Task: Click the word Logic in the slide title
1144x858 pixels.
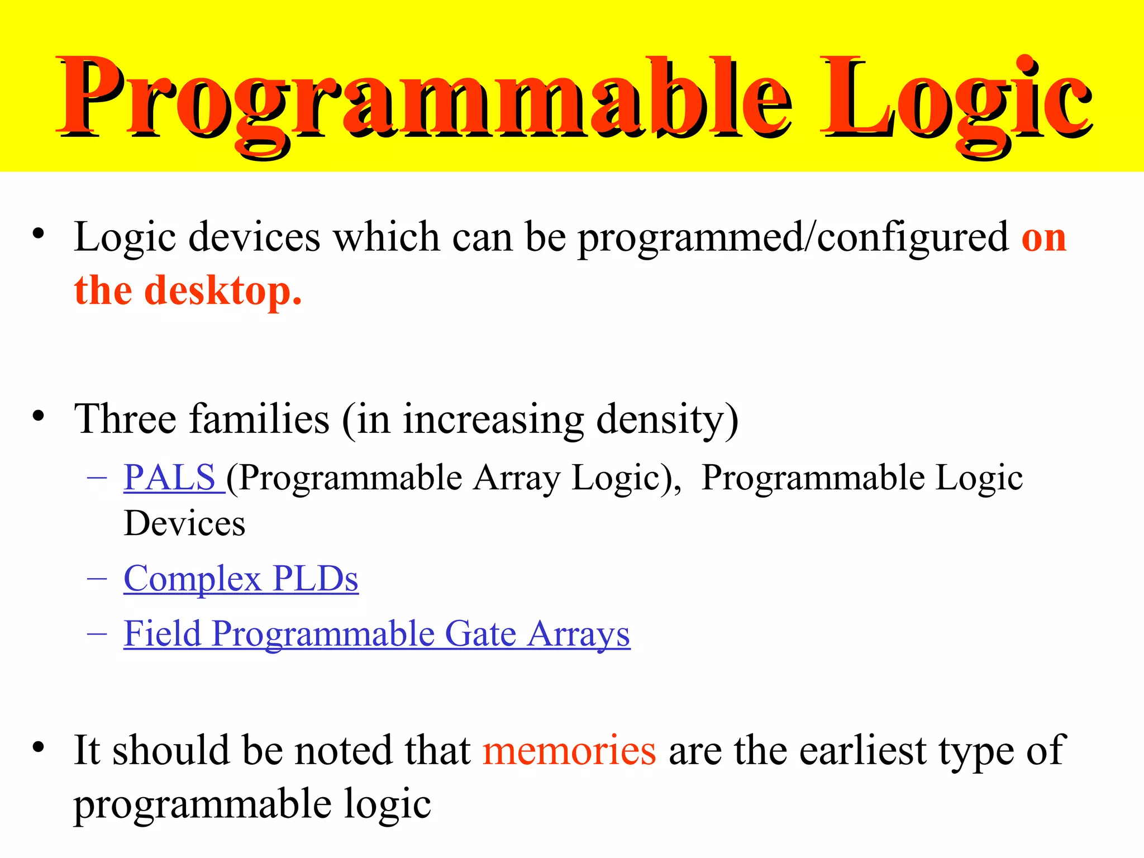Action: [955, 98]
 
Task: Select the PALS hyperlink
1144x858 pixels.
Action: [170, 478]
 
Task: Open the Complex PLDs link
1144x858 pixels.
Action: [241, 579]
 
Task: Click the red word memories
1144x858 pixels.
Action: [569, 750]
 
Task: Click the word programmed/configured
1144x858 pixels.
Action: [793, 238]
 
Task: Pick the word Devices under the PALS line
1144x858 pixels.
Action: [184, 524]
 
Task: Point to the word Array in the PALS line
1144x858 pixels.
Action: [517, 478]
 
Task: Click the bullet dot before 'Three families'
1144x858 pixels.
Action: [38, 416]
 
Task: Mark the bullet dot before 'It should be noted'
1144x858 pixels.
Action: [38, 746]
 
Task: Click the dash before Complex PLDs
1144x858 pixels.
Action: [97, 579]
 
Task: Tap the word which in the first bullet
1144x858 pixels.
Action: [386, 238]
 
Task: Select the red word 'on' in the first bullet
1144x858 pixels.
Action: [1043, 238]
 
